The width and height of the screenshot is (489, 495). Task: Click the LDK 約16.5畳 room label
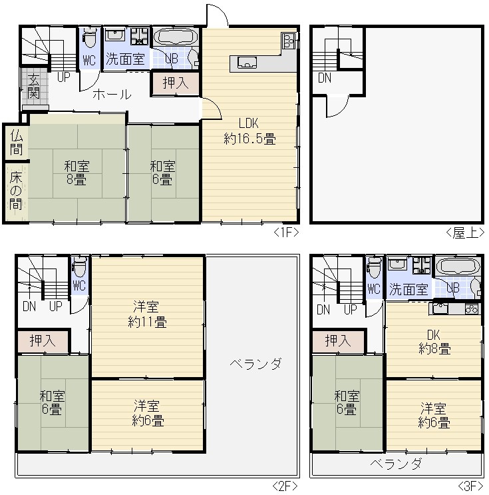pyautogui.click(x=249, y=131)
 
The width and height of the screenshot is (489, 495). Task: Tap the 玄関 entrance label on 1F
pyautogui.click(x=33, y=85)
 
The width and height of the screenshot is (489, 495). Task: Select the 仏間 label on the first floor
pyautogui.click(x=17, y=143)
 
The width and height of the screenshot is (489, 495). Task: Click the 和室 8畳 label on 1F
pyautogui.click(x=77, y=173)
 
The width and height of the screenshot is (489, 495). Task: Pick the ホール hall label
pyautogui.click(x=112, y=95)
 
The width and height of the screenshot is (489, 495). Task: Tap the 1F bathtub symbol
pyautogui.click(x=176, y=37)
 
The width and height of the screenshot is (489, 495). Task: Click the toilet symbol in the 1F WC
pyautogui.click(x=90, y=37)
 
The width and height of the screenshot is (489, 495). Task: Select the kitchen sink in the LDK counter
pyautogui.click(x=247, y=62)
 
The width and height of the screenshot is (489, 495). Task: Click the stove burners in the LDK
pyautogui.click(x=289, y=40)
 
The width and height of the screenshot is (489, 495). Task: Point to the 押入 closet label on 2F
pyautogui.click(x=43, y=340)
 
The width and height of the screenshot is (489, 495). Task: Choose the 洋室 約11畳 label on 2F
pyautogui.click(x=147, y=314)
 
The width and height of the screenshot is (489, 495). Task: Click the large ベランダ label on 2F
pyautogui.click(x=255, y=364)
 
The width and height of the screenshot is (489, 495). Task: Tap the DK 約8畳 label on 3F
pyautogui.click(x=434, y=342)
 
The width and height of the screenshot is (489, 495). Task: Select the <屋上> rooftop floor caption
pyautogui.click(x=465, y=233)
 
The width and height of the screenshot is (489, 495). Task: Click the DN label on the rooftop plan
pyautogui.click(x=325, y=78)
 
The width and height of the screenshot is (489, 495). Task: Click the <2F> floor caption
pyautogui.click(x=284, y=486)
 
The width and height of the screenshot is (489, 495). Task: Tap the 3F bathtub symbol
pyautogui.click(x=458, y=266)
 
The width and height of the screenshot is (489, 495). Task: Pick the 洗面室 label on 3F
pyautogui.click(x=408, y=289)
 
